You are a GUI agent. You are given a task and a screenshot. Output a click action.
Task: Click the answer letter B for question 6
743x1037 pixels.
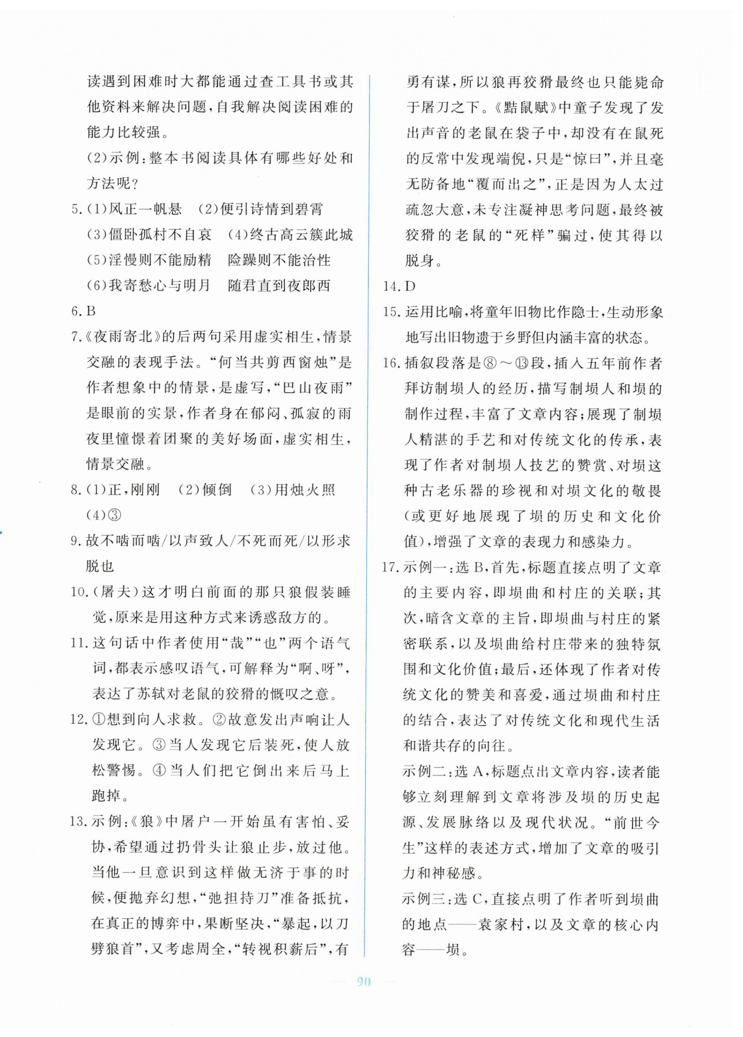coord(90,312)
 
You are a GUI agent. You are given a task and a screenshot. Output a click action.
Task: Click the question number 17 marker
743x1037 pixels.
coord(390,568)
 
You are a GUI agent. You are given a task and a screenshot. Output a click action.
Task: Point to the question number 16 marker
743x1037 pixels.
coord(391,363)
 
